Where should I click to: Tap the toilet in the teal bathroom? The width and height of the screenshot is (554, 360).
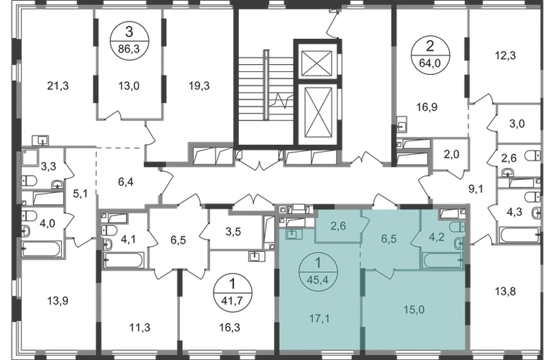pyautogui.click(x=459, y=243)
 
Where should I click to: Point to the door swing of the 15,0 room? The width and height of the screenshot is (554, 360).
pyautogui.click(x=383, y=274)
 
